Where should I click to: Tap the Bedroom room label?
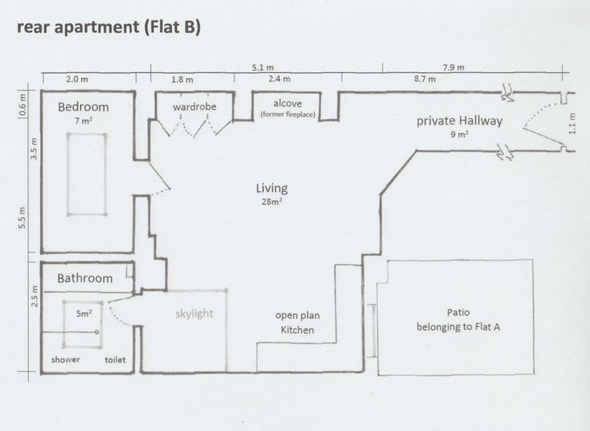(x=83, y=107)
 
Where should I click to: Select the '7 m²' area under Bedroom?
(x=83, y=121)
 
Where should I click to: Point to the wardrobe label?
(x=194, y=106)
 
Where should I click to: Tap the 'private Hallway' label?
(x=459, y=121)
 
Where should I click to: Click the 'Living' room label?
(x=272, y=188)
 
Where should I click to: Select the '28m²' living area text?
(x=272, y=201)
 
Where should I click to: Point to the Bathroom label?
(x=85, y=278)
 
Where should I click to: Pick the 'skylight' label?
(x=194, y=313)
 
